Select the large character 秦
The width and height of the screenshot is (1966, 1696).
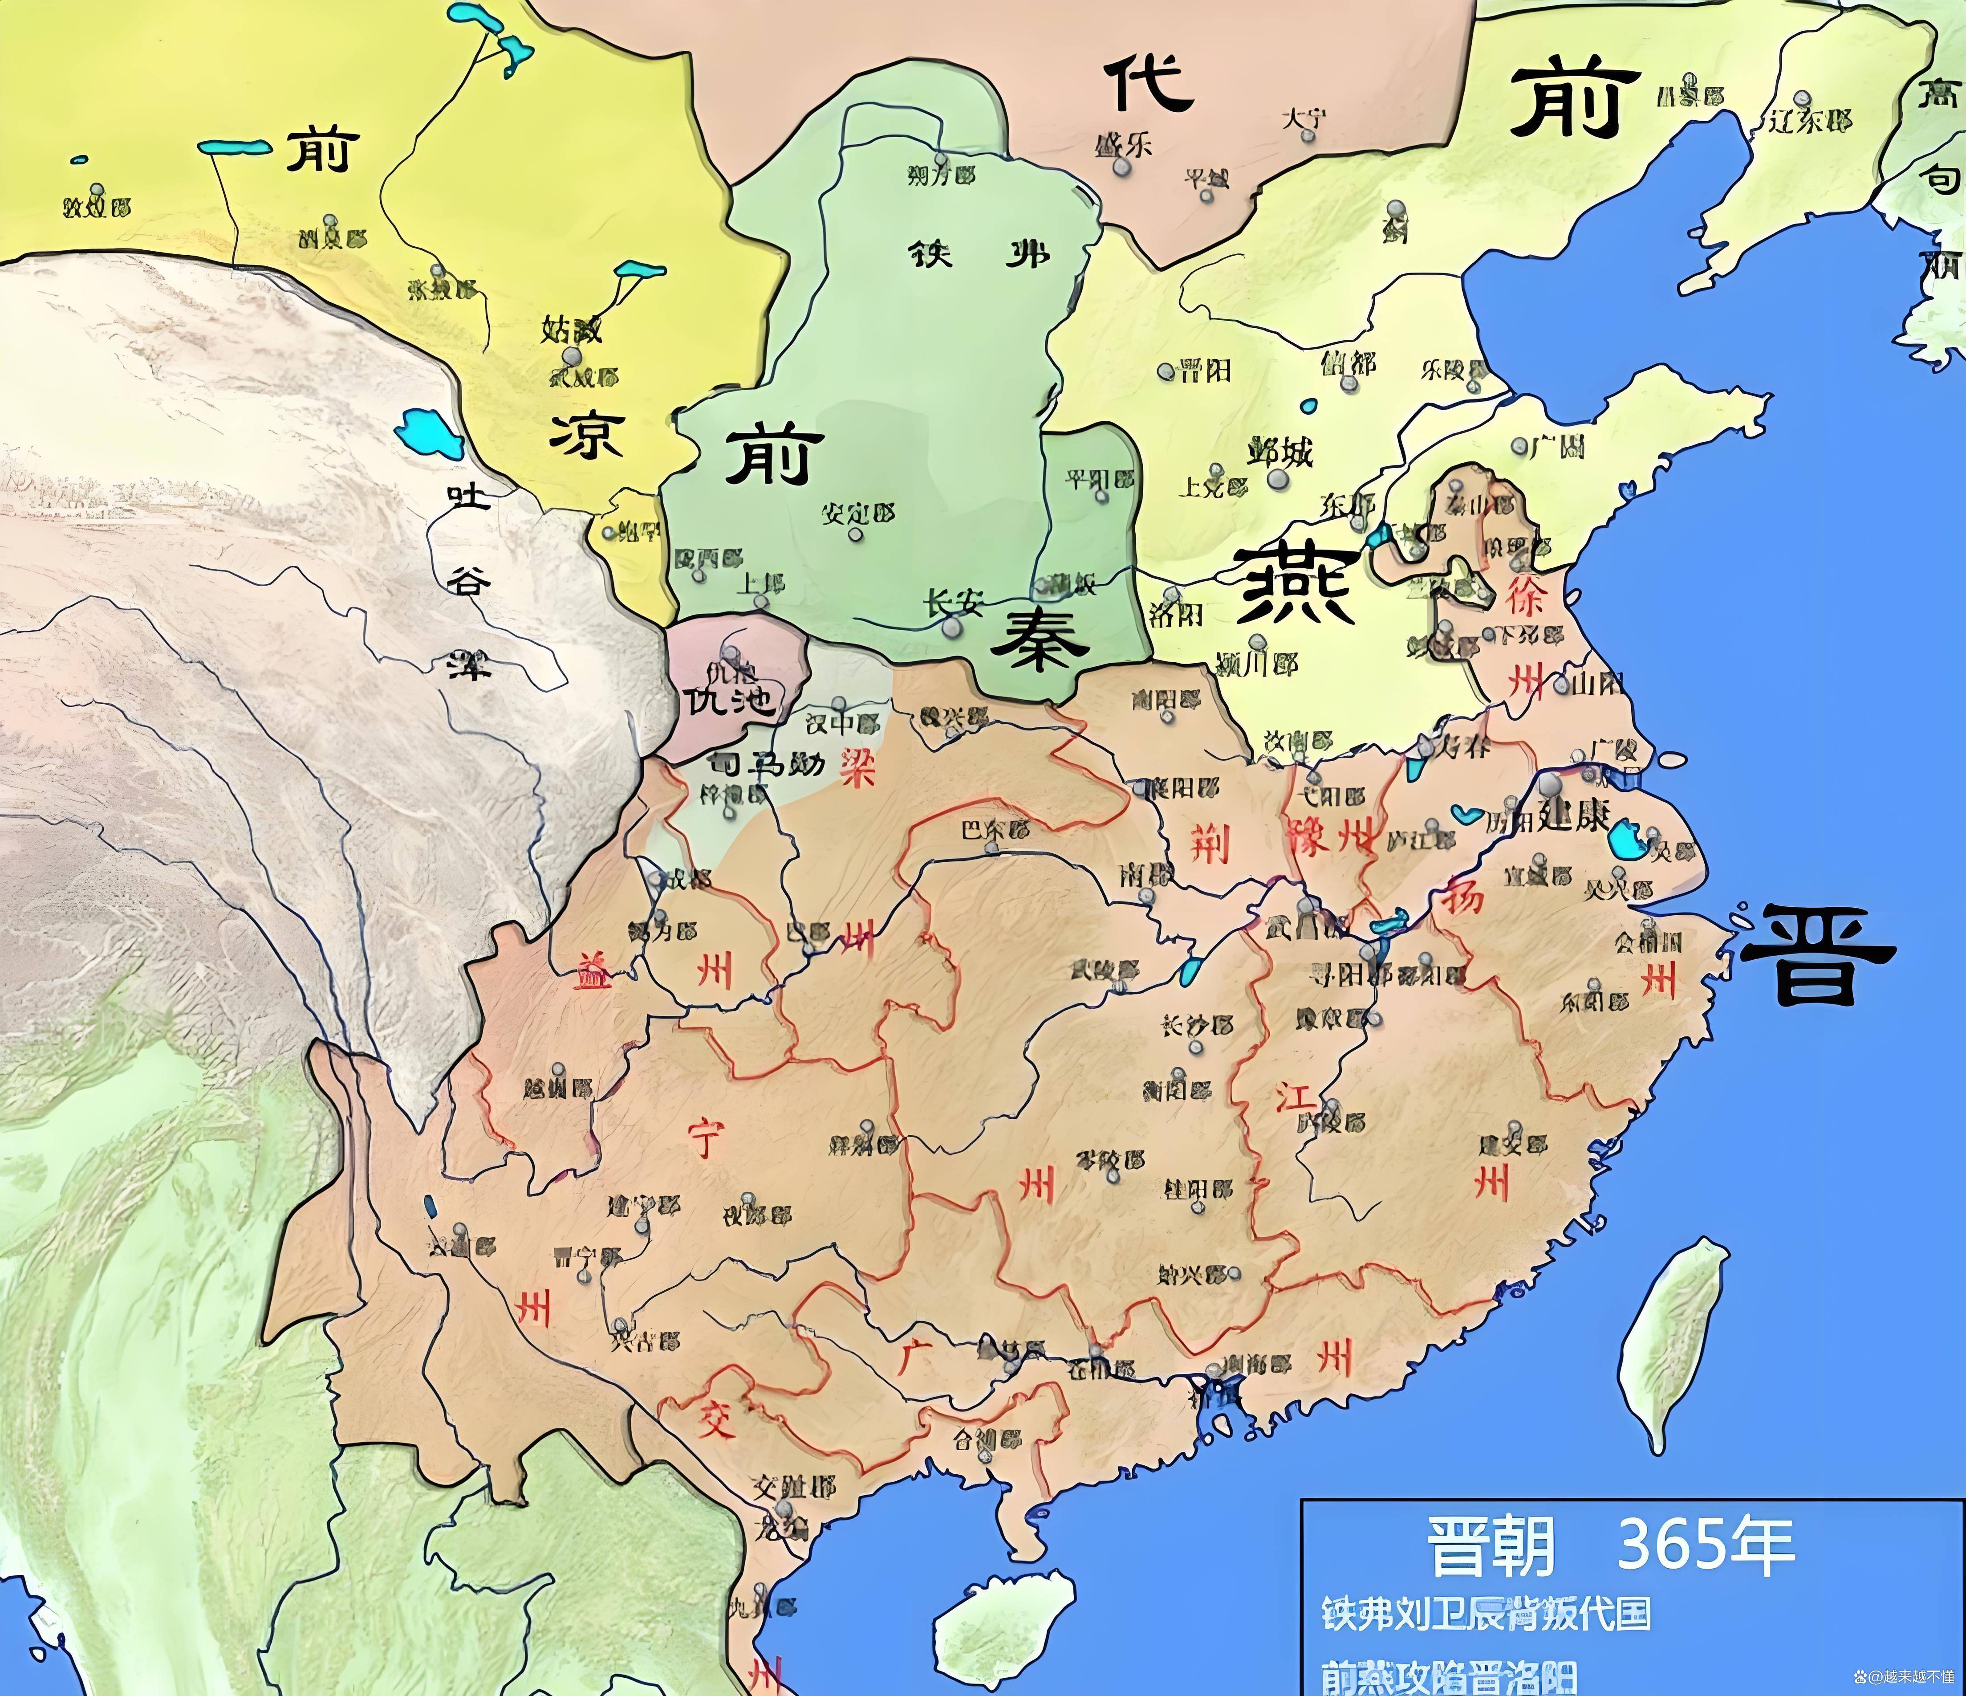tap(1039, 639)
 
